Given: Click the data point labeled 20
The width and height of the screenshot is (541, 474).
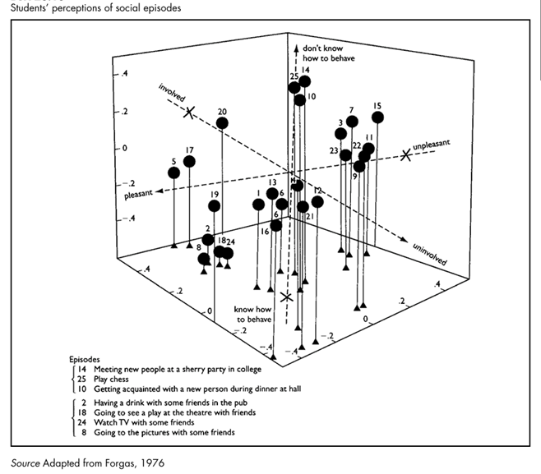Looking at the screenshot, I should pyautogui.click(x=222, y=123).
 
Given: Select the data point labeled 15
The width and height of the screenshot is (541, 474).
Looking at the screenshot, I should pyautogui.click(x=377, y=117).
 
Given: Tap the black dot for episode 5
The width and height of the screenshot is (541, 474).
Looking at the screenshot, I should pyautogui.click(x=173, y=173).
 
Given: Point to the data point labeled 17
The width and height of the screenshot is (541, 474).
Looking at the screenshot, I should pyautogui.click(x=189, y=161).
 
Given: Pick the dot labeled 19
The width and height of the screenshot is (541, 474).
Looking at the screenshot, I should pyautogui.click(x=215, y=205).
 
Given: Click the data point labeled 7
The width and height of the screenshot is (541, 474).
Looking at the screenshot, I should pyautogui.click(x=352, y=122).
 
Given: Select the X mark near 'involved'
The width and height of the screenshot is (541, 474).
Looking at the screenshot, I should pyautogui.click(x=190, y=113).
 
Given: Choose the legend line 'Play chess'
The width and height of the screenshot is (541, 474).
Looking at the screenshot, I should pyautogui.click(x=113, y=382).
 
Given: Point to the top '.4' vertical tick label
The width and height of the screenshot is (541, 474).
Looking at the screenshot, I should pyautogui.click(x=125, y=74).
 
